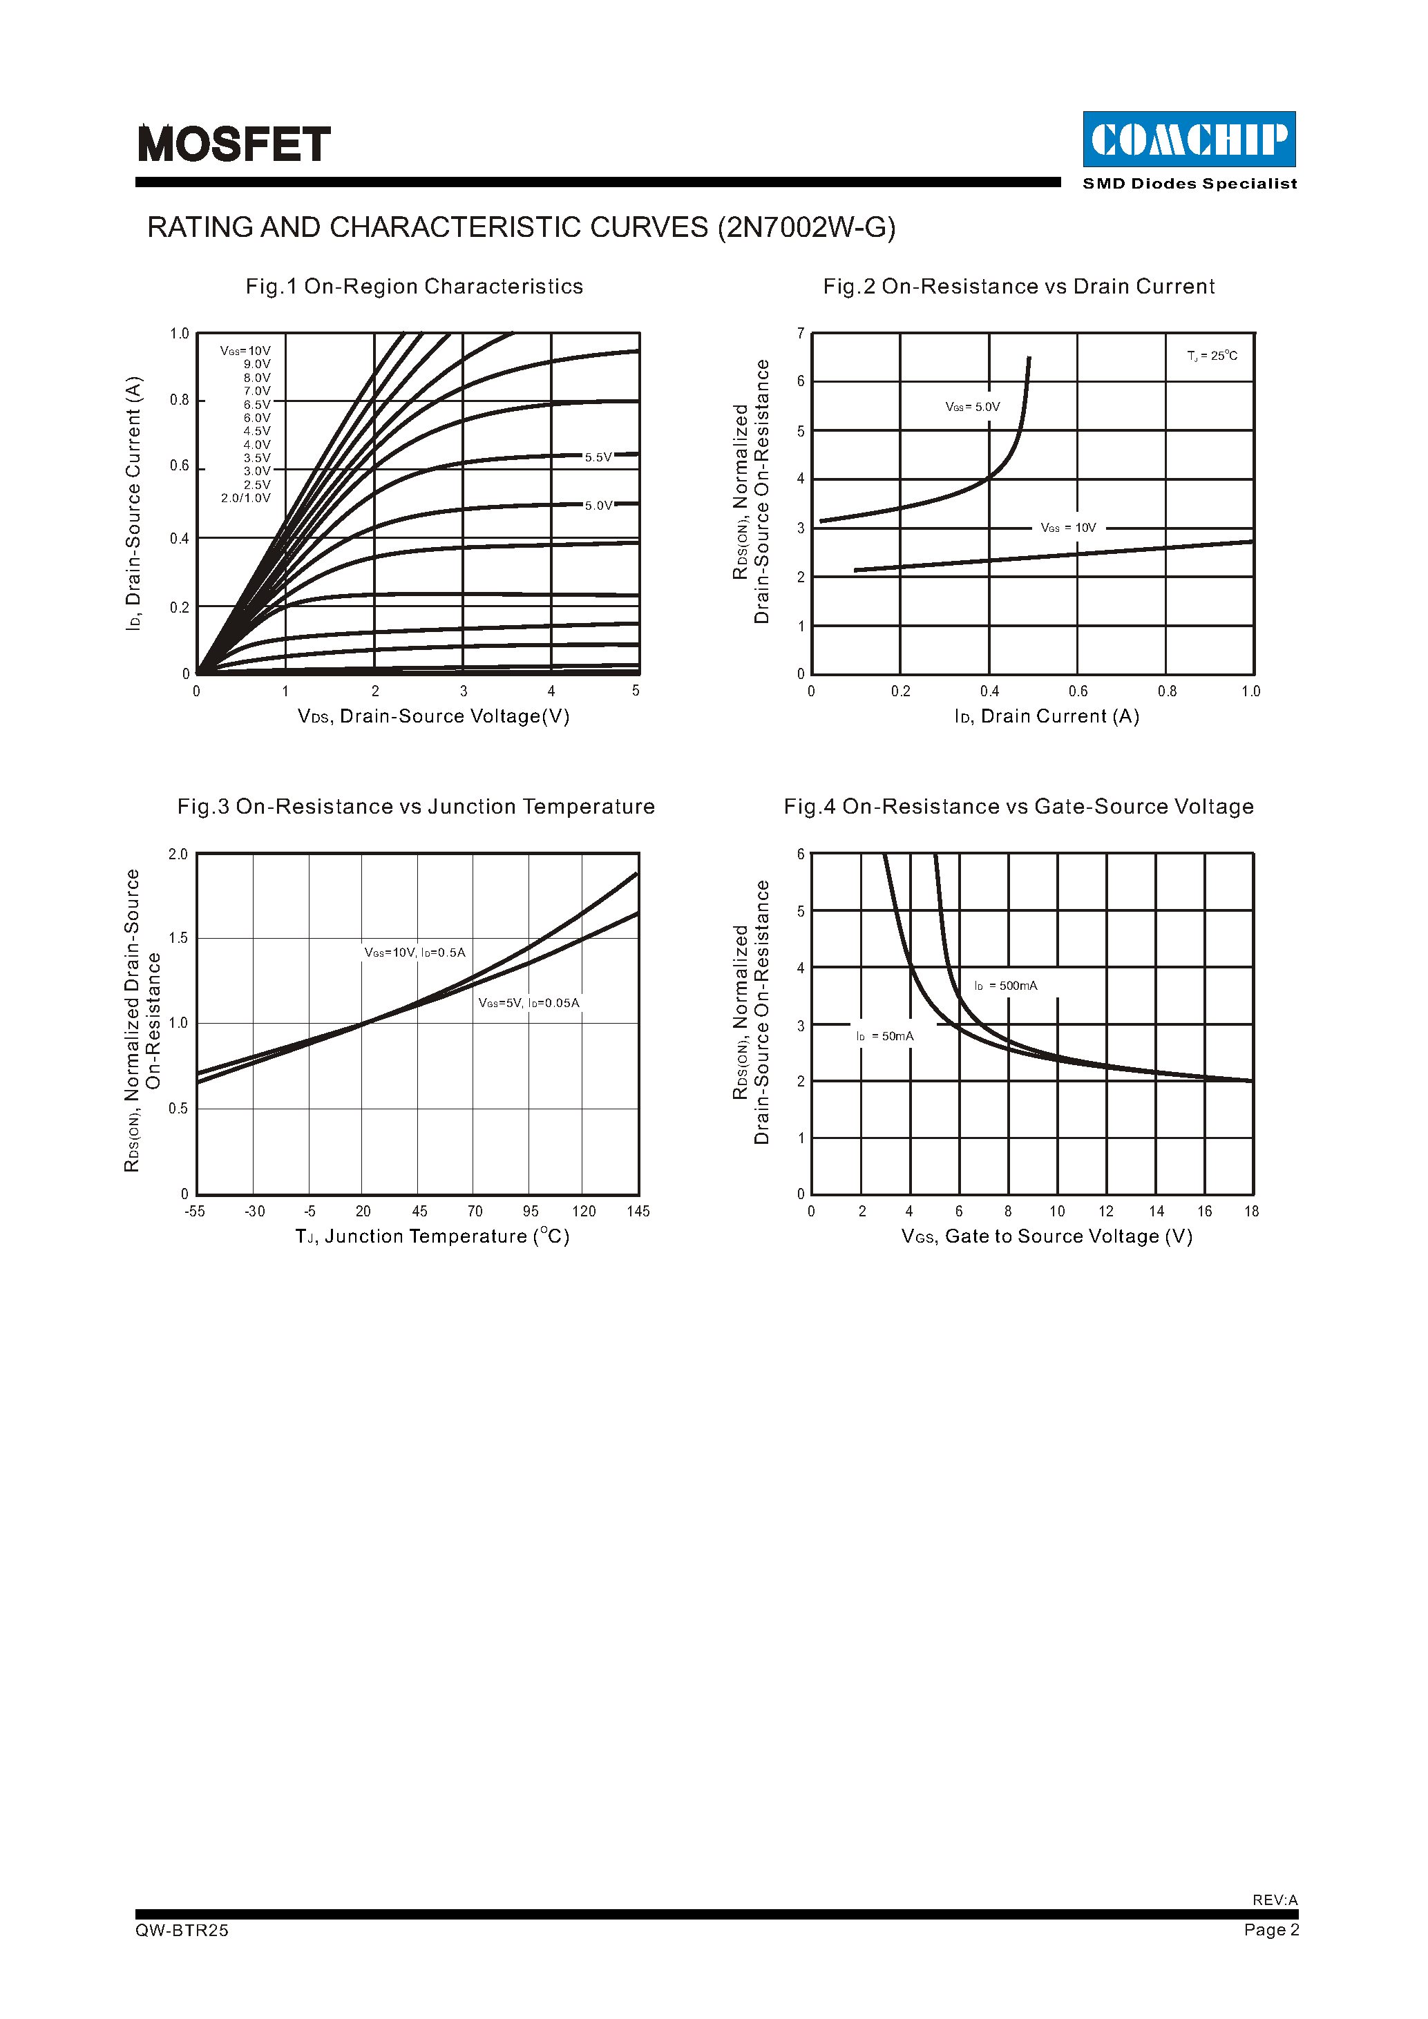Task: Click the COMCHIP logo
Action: click(x=1189, y=139)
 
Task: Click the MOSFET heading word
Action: click(x=234, y=144)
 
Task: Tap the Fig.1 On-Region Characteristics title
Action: click(x=414, y=287)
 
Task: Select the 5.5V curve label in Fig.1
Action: click(x=598, y=457)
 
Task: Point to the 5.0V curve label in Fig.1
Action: click(x=598, y=506)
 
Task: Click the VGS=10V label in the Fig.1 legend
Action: click(x=245, y=351)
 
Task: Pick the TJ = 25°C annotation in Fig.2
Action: click(x=1212, y=356)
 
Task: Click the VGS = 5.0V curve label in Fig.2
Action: click(x=973, y=407)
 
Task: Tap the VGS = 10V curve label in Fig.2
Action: click(x=1068, y=528)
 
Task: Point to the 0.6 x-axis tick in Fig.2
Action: click(x=1078, y=692)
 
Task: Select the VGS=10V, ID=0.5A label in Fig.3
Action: click(x=415, y=953)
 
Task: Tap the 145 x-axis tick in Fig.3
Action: click(x=638, y=1212)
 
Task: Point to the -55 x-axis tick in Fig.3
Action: click(x=196, y=1212)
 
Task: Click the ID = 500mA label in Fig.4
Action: click(x=1006, y=986)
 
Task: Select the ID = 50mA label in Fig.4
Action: click(x=886, y=1037)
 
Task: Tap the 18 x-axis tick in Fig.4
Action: click(x=1251, y=1212)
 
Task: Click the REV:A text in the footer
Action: click(x=1275, y=1900)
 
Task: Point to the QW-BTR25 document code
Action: click(x=182, y=1930)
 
